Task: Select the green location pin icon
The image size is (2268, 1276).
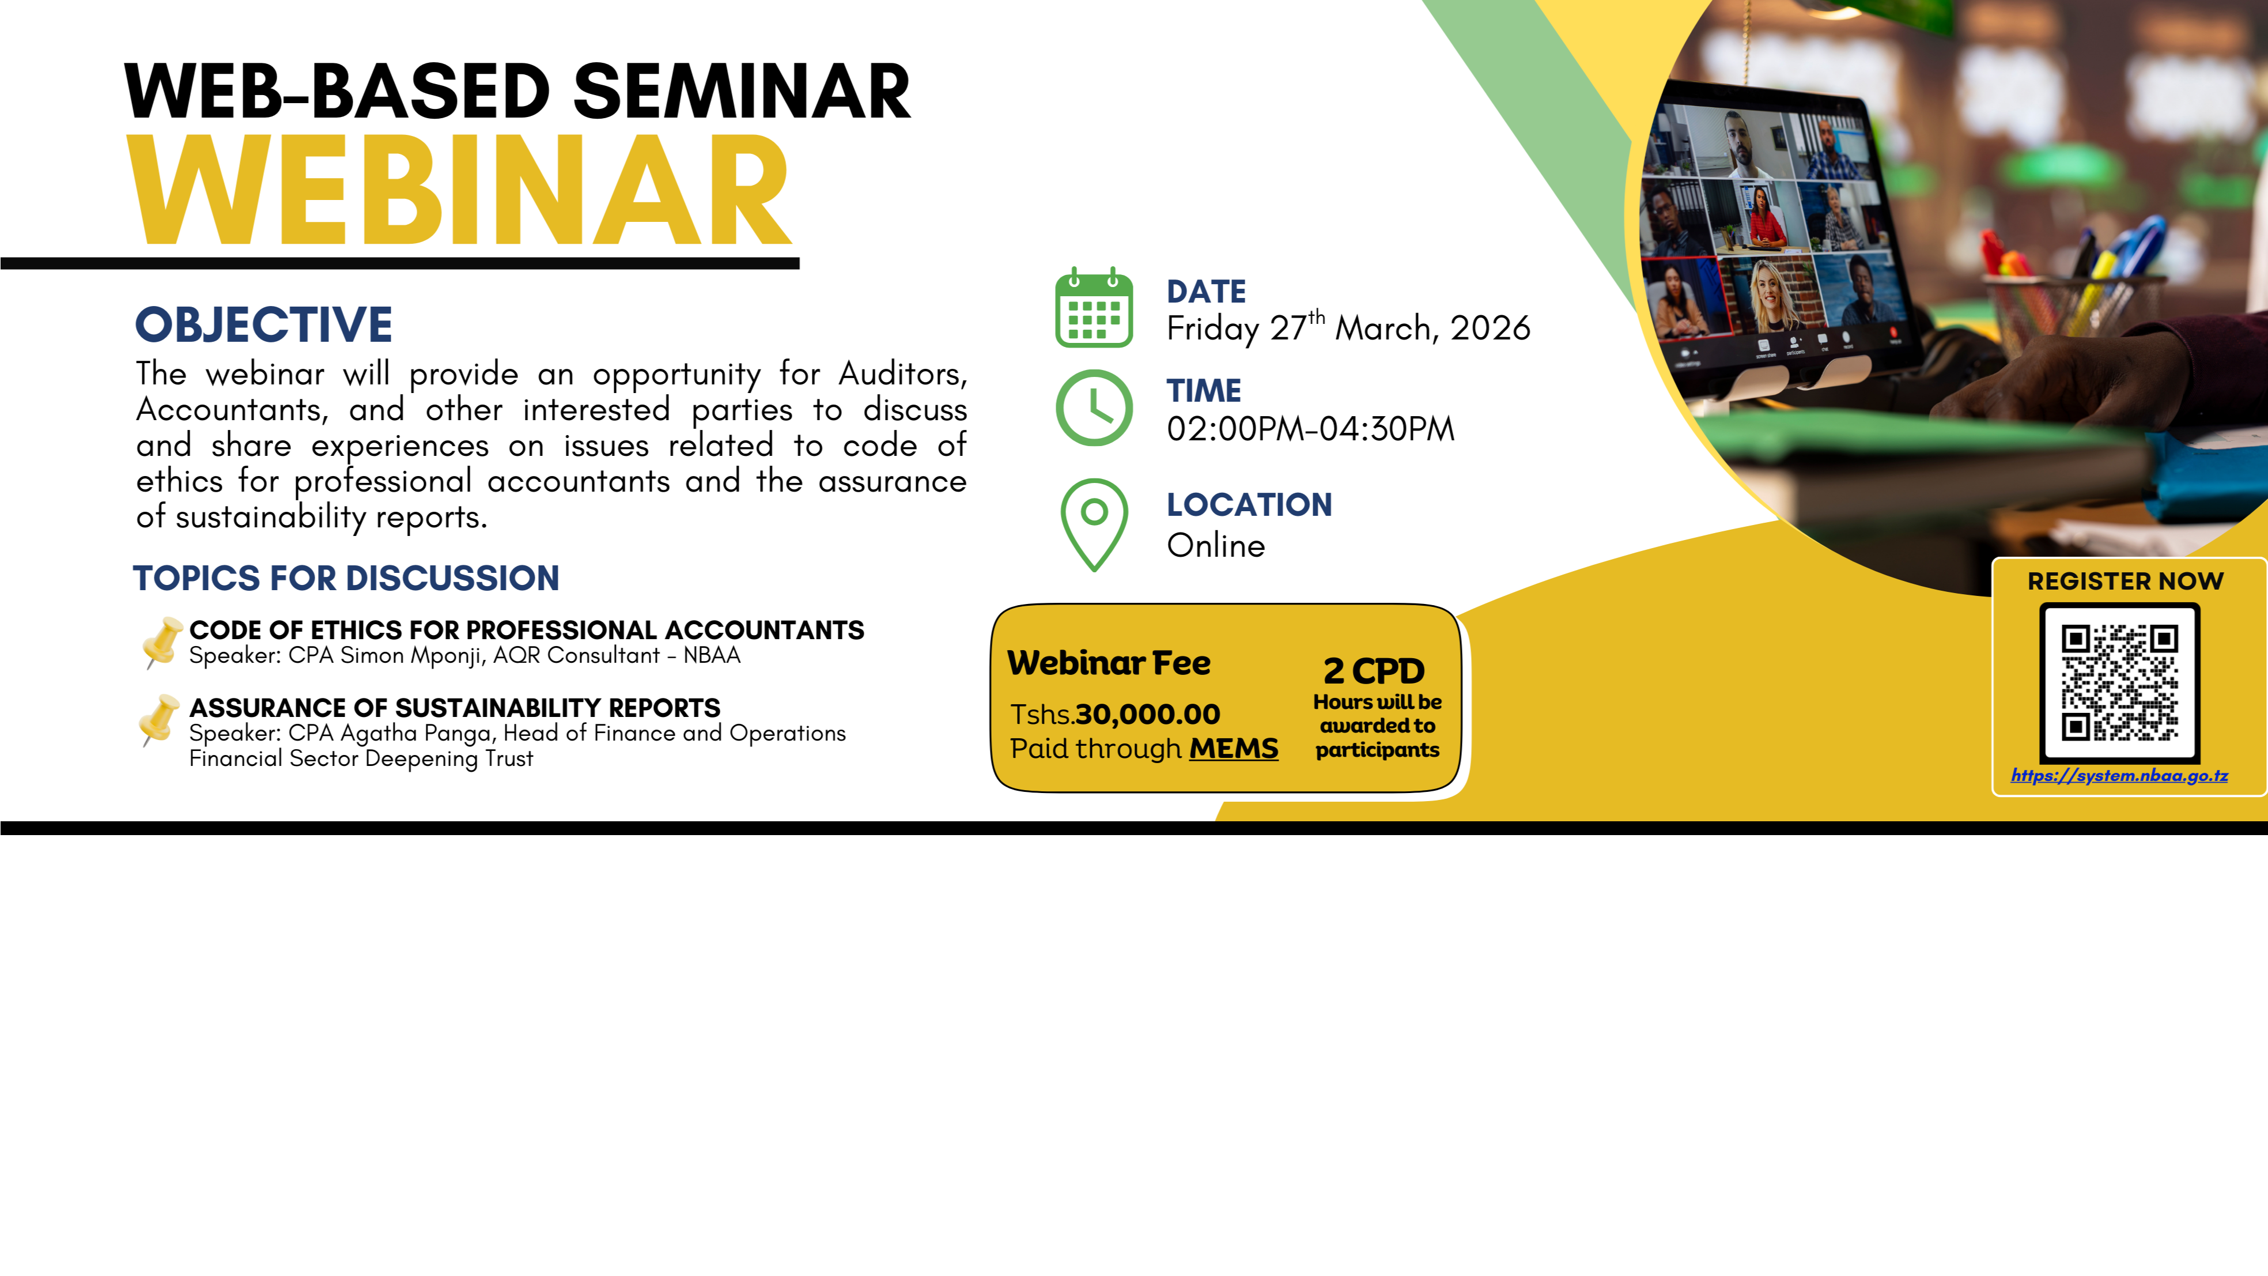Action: point(1094,525)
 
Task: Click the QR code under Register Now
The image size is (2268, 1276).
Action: point(2119,682)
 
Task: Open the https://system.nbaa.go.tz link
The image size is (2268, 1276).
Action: point(2119,775)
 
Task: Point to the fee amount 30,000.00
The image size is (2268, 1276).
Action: point(1147,713)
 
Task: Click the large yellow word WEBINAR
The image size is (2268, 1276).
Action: point(458,190)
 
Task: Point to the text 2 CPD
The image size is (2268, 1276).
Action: point(1374,671)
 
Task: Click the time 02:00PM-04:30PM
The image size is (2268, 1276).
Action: point(1310,429)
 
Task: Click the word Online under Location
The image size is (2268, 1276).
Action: point(1216,545)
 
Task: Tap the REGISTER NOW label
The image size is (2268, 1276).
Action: point(2125,581)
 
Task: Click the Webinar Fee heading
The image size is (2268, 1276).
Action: point(1109,662)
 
